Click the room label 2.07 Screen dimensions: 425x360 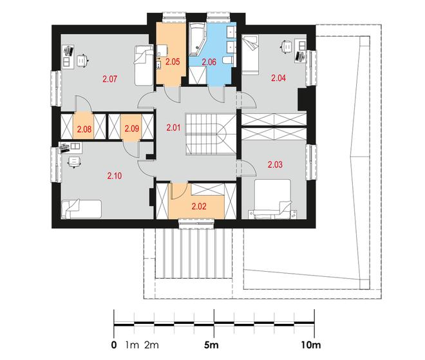[x=109, y=79]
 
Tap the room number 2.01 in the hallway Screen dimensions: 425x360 [x=173, y=128]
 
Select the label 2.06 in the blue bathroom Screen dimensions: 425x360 [x=209, y=62]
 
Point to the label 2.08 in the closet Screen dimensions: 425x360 [x=84, y=129]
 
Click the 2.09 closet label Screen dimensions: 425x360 [x=132, y=128]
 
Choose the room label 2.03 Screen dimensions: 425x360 [x=275, y=164]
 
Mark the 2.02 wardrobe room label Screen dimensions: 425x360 [x=199, y=206]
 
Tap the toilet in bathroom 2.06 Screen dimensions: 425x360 [x=227, y=60]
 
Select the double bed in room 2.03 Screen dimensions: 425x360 [x=272, y=199]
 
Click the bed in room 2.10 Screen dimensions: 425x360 [x=81, y=209]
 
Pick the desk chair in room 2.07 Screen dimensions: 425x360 [x=82, y=61]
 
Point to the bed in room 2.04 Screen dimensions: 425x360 [x=250, y=55]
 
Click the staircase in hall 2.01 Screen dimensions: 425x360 [x=211, y=134]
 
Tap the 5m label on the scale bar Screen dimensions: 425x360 [x=211, y=345]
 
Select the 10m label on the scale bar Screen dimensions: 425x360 [x=311, y=345]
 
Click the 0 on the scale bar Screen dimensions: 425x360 [x=114, y=345]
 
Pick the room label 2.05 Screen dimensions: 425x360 [x=173, y=62]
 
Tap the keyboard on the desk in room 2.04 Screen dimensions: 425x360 [x=300, y=56]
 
